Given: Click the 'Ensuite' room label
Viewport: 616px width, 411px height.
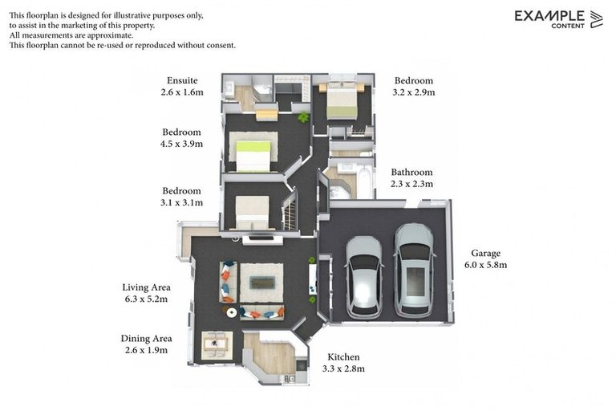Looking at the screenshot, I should (182, 80).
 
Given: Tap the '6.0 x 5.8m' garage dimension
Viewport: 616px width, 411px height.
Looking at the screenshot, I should (485, 264).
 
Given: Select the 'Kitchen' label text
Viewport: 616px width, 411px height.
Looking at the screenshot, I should (343, 356).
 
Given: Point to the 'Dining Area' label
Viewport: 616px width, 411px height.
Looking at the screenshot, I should (146, 338).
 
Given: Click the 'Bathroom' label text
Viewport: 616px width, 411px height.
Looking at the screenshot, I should (411, 172).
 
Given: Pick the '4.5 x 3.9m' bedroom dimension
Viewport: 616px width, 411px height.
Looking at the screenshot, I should (182, 144).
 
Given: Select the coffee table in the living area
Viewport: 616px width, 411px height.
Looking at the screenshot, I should (261, 283).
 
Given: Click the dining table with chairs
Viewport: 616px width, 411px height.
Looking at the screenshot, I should (215, 344).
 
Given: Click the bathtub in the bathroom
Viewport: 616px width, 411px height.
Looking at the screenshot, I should (363, 182).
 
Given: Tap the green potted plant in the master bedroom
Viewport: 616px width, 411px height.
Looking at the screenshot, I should (303, 118).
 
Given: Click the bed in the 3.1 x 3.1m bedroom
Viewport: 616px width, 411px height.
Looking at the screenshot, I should (252, 212).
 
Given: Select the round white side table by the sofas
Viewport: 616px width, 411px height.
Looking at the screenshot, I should (231, 312).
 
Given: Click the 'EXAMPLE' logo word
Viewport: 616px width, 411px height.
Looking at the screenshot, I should (549, 15).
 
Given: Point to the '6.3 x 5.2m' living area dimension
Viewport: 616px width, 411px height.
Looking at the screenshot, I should (146, 299).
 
